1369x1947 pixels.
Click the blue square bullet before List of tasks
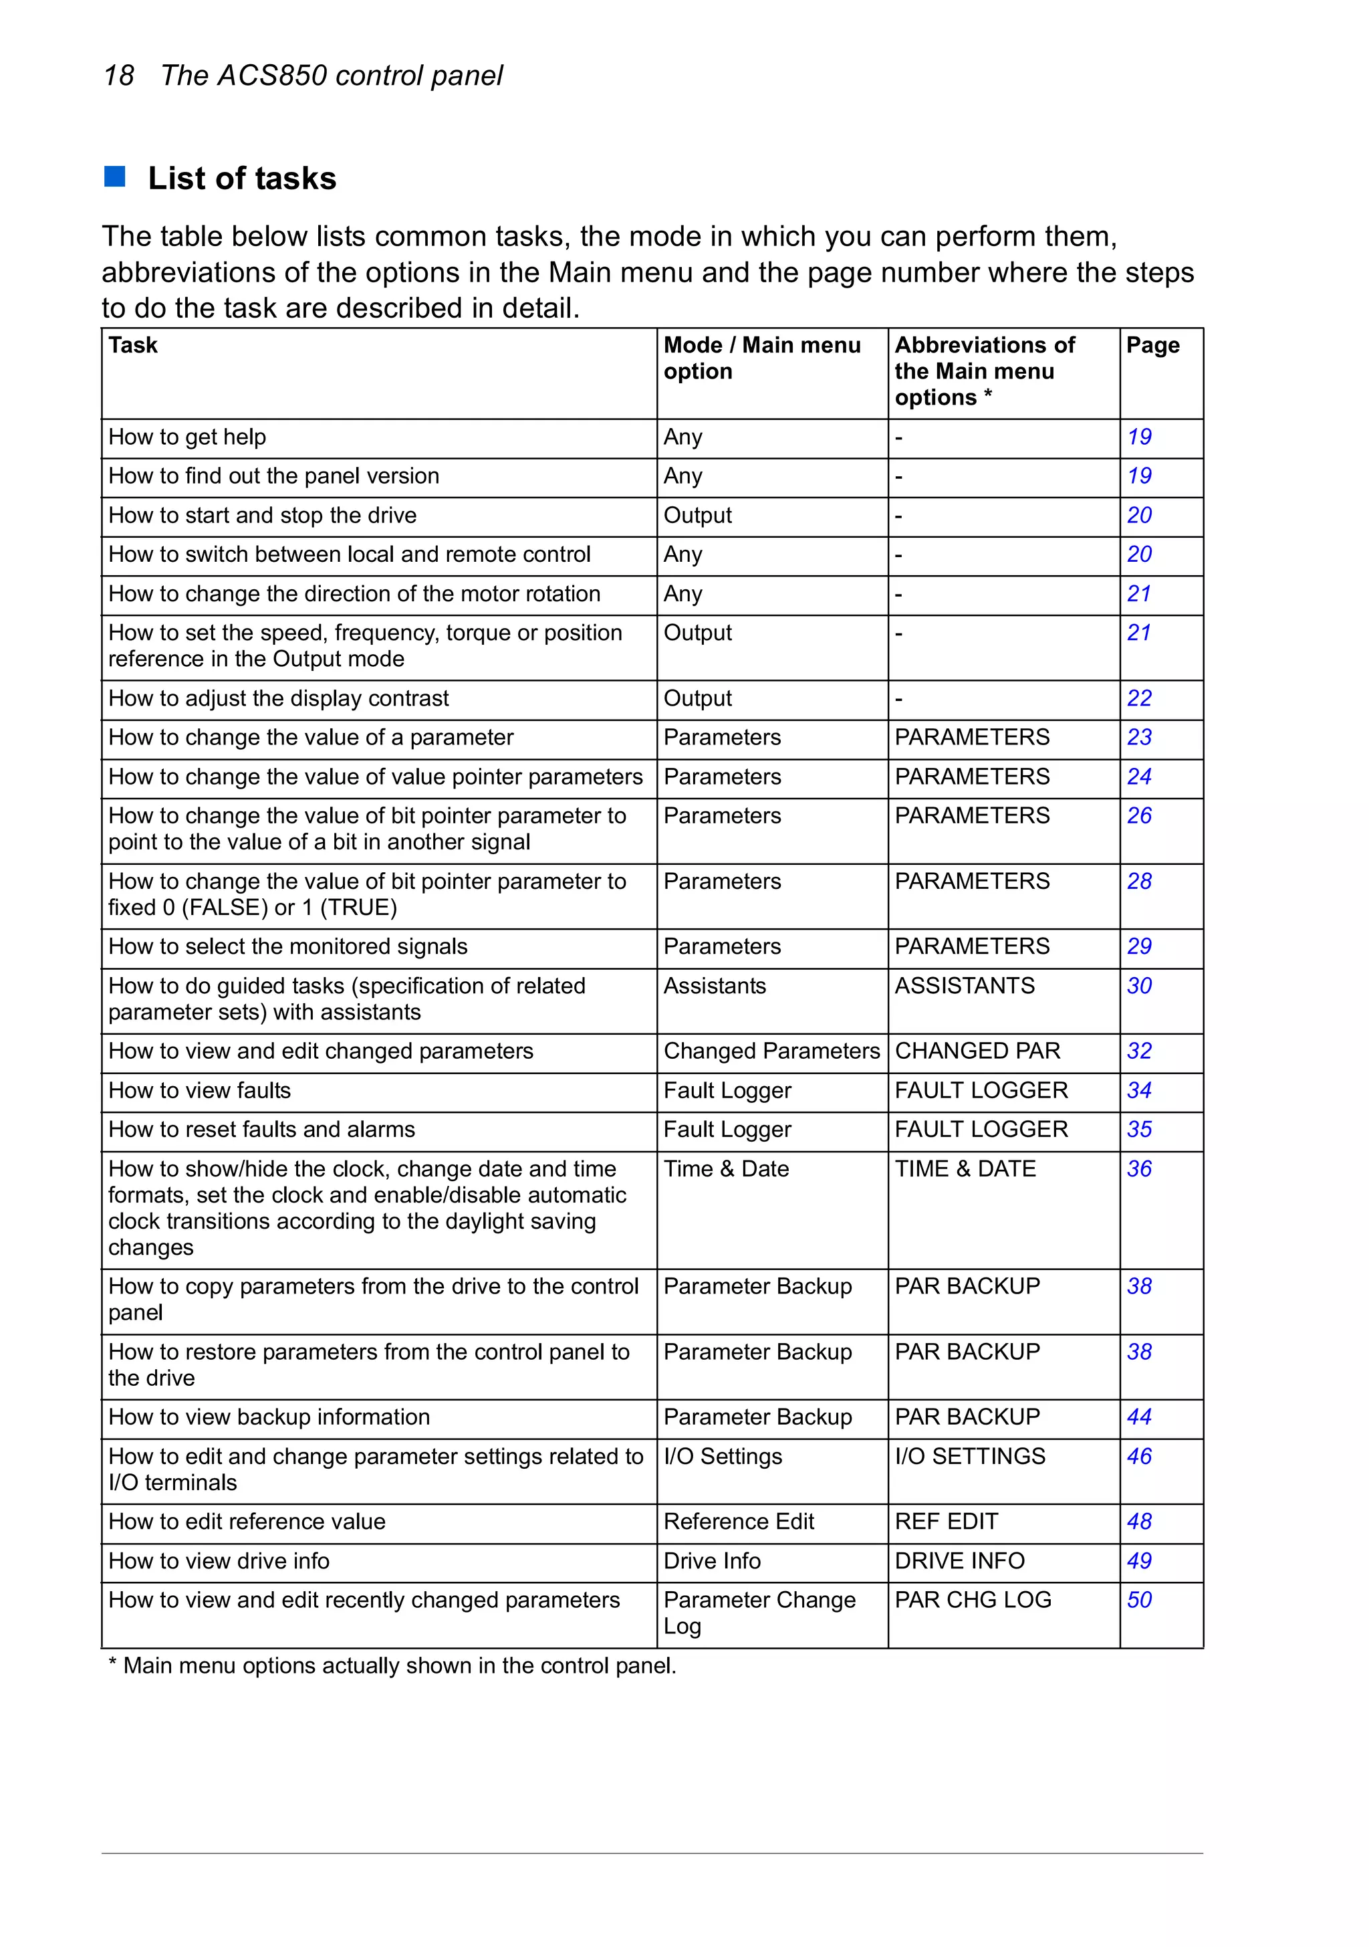tap(114, 177)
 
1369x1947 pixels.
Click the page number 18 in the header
tap(119, 76)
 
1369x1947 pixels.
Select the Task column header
tap(133, 345)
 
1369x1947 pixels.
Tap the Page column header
tap(1152, 345)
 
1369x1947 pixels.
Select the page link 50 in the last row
tap(1138, 1599)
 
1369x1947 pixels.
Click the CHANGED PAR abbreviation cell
tap(977, 1051)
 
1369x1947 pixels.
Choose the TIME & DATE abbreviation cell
tap(965, 1168)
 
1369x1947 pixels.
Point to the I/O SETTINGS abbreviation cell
tap(970, 1456)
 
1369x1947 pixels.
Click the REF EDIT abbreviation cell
tap(946, 1522)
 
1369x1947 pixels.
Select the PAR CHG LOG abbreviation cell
tap(973, 1599)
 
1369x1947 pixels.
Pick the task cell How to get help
tap(186, 437)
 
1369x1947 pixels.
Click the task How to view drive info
tap(219, 1560)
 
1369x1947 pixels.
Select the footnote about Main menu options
tap(392, 1665)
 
